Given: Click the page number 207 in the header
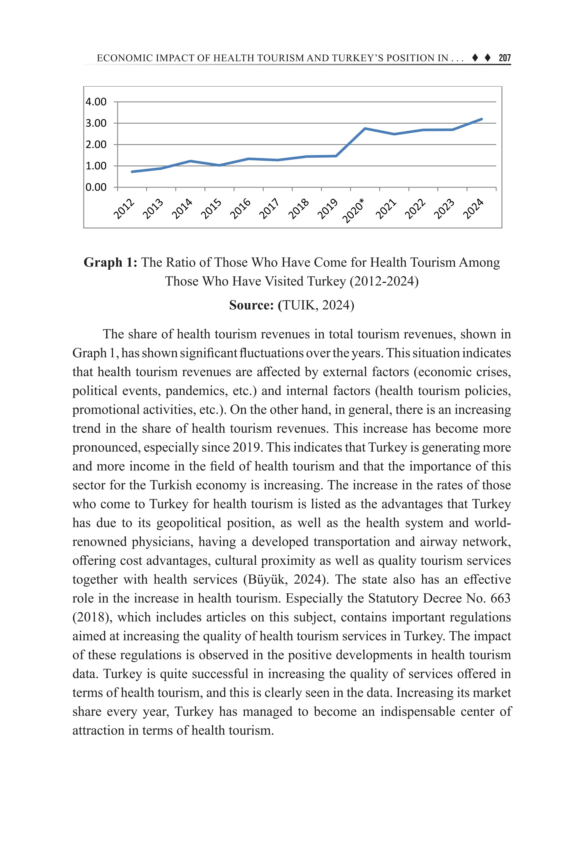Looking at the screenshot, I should click(505, 58).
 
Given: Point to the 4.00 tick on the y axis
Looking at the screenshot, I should click(96, 102).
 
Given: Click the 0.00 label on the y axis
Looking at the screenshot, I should click(96, 187).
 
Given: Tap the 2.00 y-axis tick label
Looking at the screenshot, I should click(96, 145).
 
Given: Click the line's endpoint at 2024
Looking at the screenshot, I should click(481, 119).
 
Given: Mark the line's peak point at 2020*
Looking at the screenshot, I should click(365, 128).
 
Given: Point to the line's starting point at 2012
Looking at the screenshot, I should click(132, 172).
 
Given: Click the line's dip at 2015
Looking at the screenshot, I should click(220, 165).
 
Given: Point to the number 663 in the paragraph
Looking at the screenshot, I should click(501, 598).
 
